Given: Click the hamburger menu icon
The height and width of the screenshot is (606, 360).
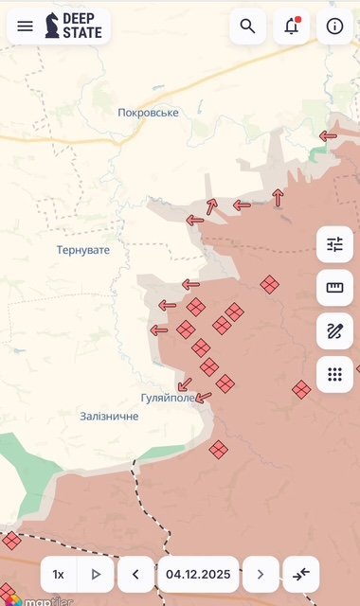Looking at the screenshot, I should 26,27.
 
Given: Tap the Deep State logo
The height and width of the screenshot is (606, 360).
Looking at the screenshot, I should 74,27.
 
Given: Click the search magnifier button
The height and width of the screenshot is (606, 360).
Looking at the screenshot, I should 247,27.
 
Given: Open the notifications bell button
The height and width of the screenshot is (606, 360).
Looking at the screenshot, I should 291,27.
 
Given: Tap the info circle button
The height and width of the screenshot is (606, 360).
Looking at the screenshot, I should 334,27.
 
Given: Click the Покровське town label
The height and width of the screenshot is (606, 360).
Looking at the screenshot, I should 148,113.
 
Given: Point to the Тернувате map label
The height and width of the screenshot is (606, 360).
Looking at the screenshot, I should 83,250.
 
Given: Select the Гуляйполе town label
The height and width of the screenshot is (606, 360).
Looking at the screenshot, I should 168,398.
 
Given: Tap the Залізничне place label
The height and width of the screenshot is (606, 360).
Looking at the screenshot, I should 109,416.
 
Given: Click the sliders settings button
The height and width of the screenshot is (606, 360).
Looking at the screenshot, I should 334,244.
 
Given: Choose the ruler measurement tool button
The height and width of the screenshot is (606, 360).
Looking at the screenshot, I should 334,288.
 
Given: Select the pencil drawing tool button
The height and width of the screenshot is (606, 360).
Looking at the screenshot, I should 334,331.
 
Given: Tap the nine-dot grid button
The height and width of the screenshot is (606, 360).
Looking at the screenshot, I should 334,374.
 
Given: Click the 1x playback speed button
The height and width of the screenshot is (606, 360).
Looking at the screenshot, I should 59,574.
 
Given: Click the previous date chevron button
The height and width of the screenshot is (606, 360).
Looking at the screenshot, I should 135,574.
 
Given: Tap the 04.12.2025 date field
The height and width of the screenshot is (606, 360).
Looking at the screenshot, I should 198,574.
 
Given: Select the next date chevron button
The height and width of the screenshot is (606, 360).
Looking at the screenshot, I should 261,574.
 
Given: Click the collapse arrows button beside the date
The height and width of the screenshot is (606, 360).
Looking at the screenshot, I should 301,574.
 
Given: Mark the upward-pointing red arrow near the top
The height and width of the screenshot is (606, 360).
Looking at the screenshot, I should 278,197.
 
